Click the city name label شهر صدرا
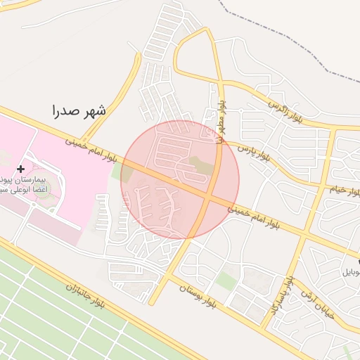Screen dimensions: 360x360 79,111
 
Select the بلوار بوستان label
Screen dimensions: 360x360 201,295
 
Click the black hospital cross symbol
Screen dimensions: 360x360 20,169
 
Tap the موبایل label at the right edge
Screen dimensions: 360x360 350,271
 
